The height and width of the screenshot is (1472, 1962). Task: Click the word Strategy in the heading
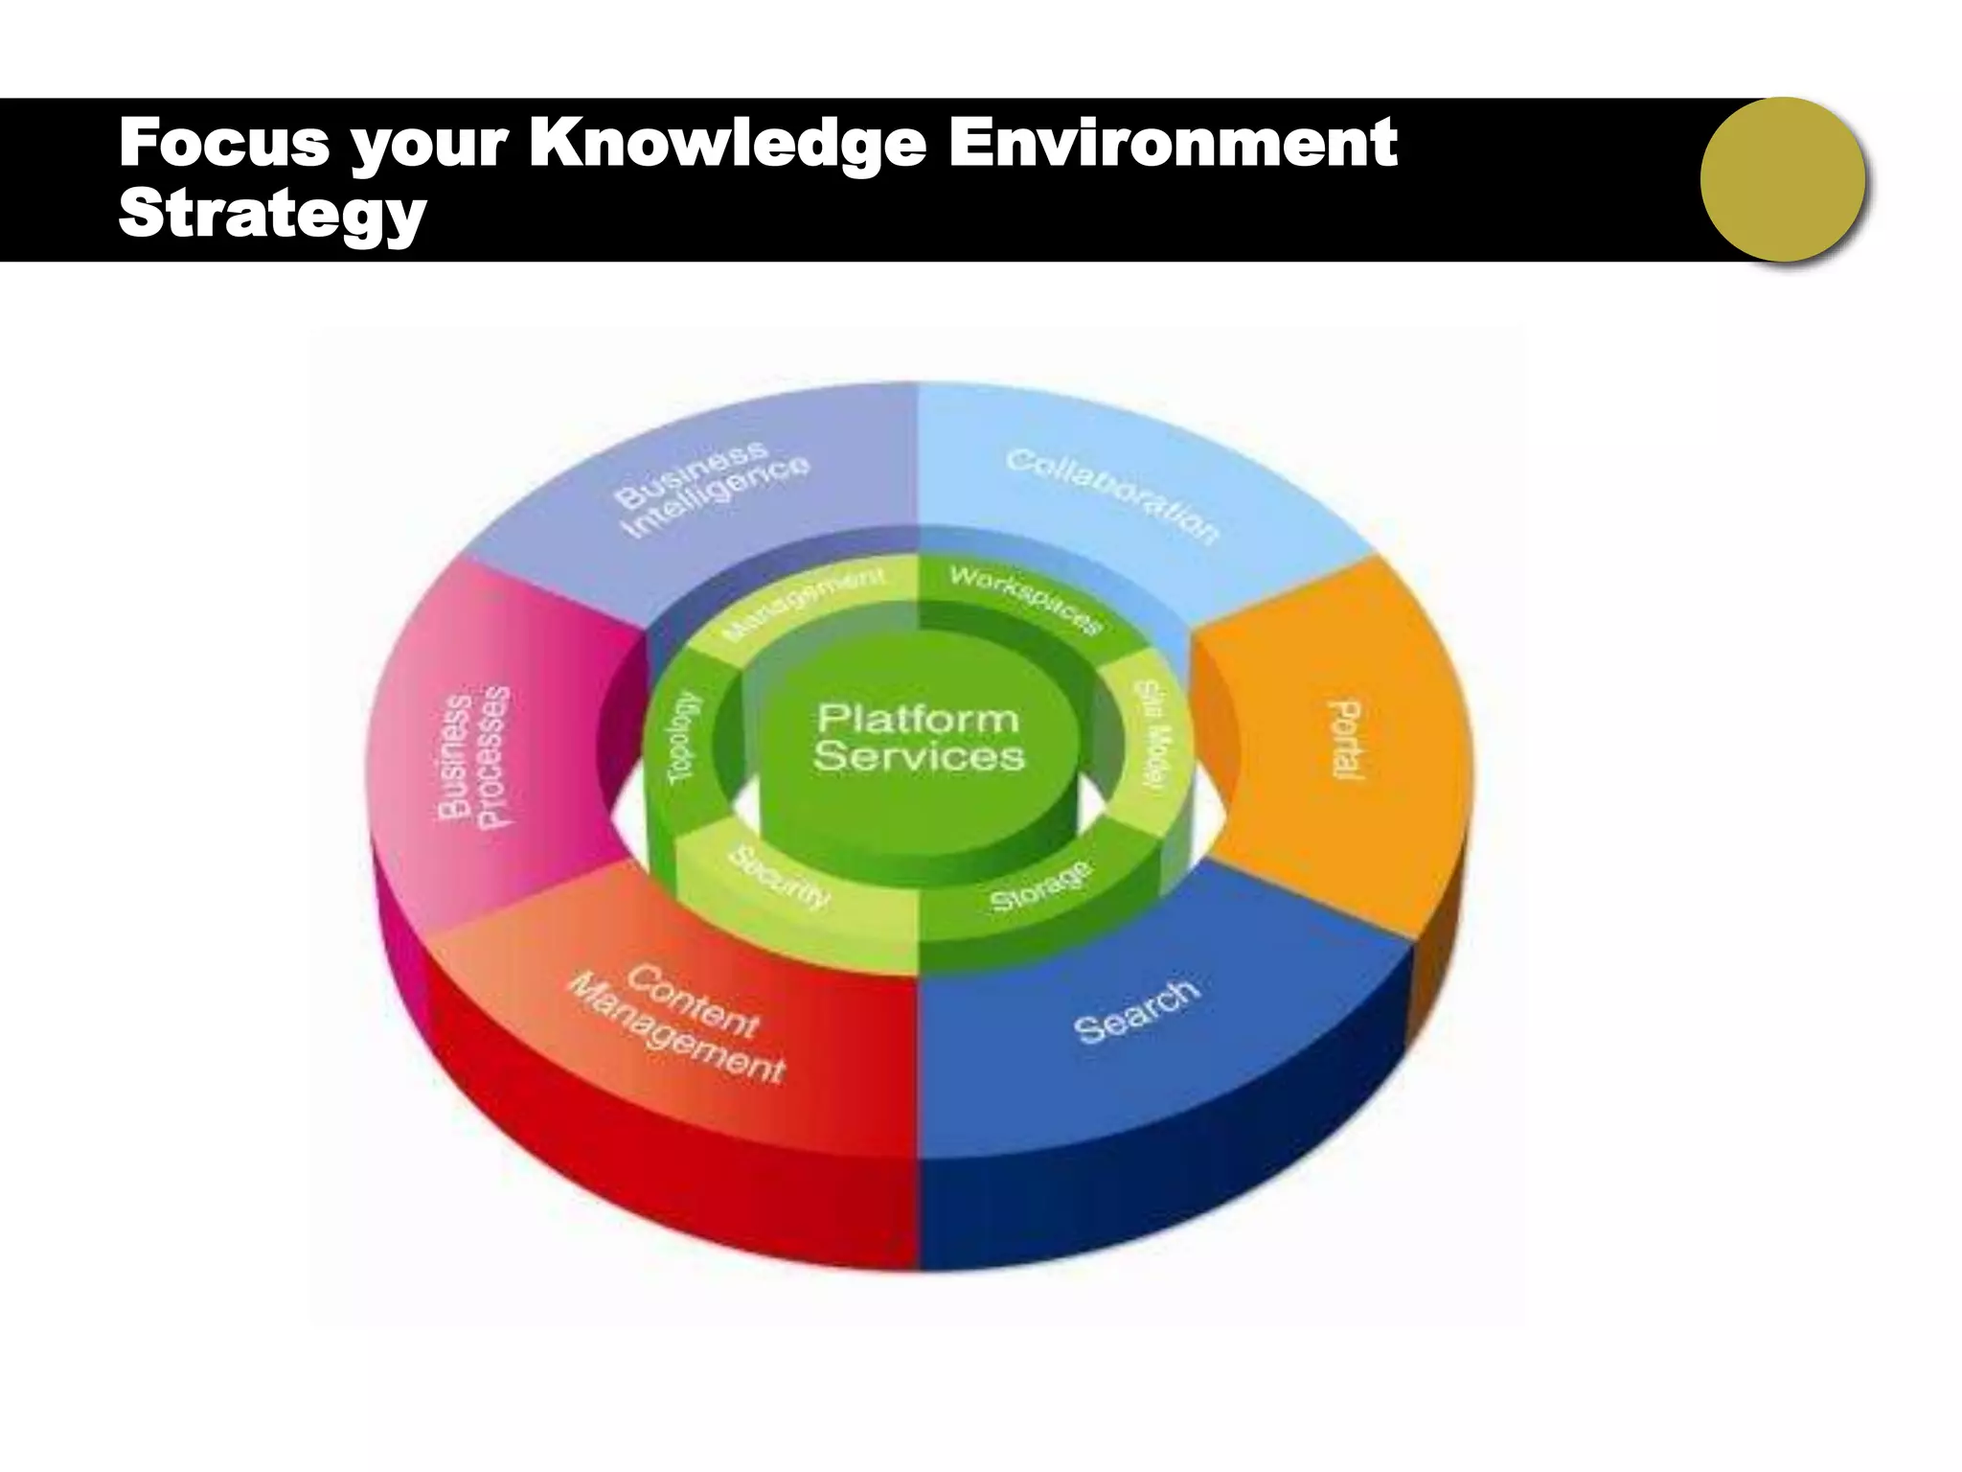272,215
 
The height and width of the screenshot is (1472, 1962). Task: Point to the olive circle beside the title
1782,179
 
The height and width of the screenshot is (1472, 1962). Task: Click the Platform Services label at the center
919,737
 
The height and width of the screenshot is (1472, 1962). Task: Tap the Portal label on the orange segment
1346,739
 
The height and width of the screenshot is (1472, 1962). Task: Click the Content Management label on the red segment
679,1024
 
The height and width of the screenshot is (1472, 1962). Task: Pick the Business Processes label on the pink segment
474,756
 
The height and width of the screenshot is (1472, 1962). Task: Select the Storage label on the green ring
1040,887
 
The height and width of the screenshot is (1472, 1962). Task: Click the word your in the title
427,144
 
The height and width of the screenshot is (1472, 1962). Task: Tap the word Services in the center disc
919,756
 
